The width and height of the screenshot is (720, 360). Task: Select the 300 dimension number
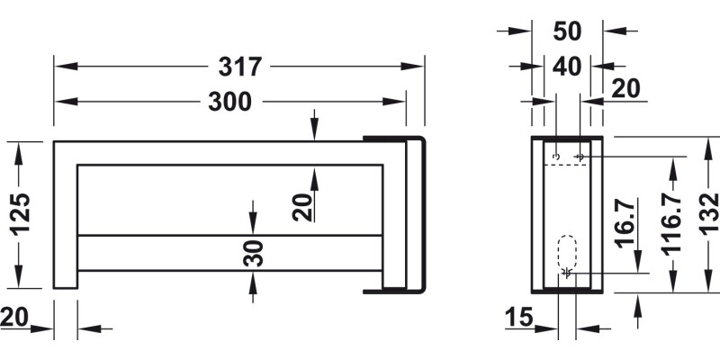point(229,102)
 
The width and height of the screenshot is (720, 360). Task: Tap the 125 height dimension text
point(22,214)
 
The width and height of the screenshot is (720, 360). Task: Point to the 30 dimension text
point(254,253)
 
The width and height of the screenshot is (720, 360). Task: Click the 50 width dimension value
point(568,31)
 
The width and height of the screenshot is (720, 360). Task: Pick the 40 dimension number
point(567,66)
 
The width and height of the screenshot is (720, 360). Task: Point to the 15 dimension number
point(519,316)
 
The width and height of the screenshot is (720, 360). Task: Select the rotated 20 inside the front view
point(303,207)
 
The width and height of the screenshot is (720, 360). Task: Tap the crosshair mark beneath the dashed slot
point(567,272)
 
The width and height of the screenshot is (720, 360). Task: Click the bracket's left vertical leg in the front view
point(66,216)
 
